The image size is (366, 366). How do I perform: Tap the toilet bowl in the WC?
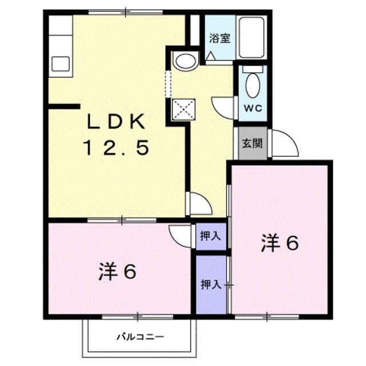252,86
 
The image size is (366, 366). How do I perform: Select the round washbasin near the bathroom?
185,61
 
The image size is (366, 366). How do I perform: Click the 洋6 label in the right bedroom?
280,244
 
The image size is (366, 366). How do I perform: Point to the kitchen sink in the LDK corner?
60,63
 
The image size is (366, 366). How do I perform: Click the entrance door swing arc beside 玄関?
285,143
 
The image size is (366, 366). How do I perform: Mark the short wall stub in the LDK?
63,106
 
